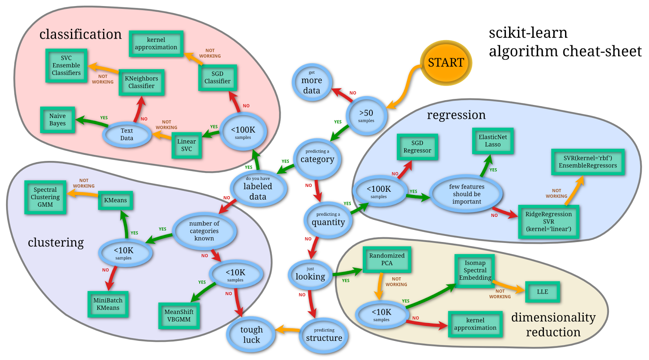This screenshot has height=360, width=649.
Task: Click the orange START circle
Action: coord(446,63)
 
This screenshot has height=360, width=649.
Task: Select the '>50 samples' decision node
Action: coord(366,116)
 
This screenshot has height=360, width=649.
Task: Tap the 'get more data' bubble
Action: coord(312,83)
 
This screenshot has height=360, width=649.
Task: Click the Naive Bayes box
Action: coord(58,120)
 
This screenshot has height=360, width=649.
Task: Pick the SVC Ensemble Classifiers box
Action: coord(66,66)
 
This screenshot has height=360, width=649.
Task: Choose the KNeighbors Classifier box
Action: coord(142,82)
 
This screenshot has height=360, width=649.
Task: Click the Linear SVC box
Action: coord(187,145)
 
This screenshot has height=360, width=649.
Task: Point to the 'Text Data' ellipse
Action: coord(127,134)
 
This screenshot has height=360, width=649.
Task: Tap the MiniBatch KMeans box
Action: coord(108,304)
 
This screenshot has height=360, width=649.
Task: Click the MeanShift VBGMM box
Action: coord(179,315)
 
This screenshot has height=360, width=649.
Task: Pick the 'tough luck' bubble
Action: coord(251,334)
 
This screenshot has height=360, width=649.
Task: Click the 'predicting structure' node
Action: coord(324,335)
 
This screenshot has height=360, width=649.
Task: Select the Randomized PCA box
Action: coord(387,259)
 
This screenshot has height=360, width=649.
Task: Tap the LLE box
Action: coord(542,292)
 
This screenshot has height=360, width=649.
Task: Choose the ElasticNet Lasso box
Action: coord(493,141)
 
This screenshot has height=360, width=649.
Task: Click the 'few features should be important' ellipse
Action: coord(466,194)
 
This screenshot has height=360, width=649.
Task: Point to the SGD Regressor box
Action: coord(417,147)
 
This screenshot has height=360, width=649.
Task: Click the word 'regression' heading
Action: coord(456,115)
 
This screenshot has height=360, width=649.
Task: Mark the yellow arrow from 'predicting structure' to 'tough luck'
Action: coord(289,330)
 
